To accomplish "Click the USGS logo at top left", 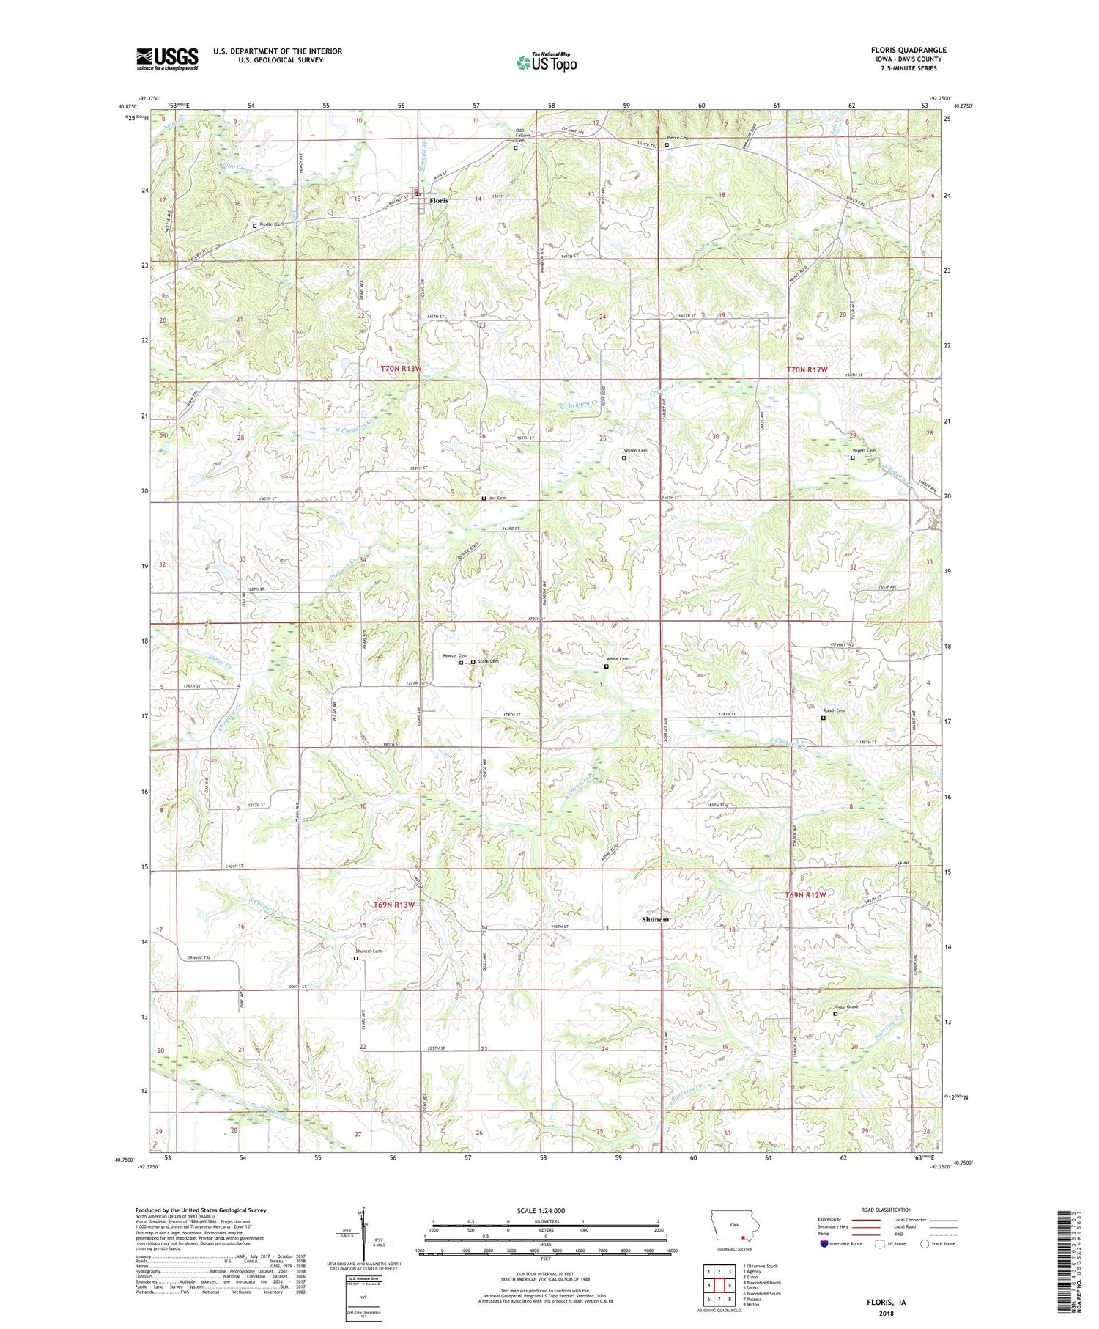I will (x=167, y=59).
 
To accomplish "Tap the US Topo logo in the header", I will (x=546, y=63).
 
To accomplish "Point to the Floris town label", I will (x=439, y=200).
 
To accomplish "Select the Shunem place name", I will (x=655, y=919).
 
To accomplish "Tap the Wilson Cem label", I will (x=634, y=450).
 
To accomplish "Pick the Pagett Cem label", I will (x=863, y=451).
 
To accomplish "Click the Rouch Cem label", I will (x=834, y=710).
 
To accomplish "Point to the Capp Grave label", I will (x=846, y=1006).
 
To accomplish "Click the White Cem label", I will (x=617, y=659).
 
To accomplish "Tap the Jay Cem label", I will (x=497, y=498).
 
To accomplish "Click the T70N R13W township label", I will (x=401, y=369).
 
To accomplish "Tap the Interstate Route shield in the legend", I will (x=824, y=1244).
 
